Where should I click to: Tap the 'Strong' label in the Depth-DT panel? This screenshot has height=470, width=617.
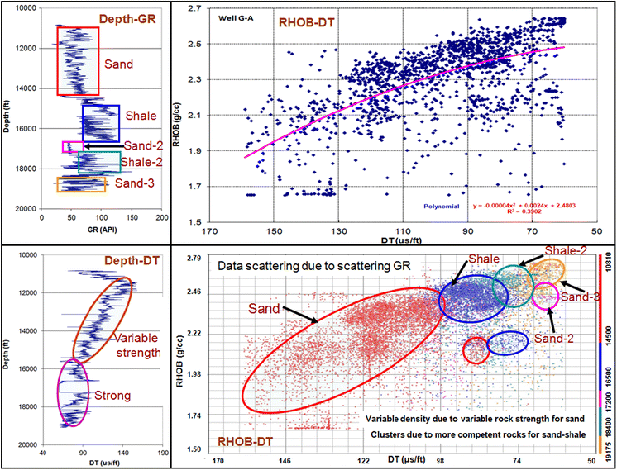click(114, 396)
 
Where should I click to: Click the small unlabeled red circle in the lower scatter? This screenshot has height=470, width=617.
click(476, 350)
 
